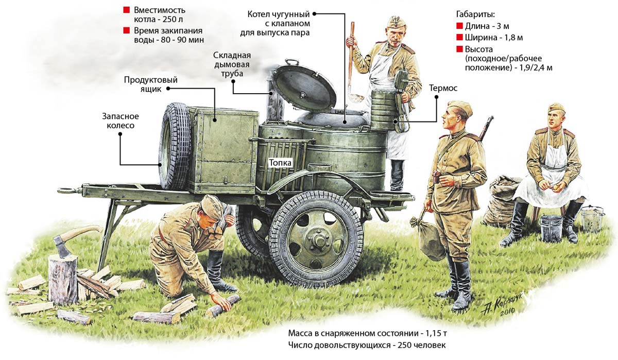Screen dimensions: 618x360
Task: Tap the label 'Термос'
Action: click(x=443, y=88)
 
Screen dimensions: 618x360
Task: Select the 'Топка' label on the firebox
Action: click(x=280, y=162)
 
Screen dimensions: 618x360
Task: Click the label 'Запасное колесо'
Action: click(x=121, y=121)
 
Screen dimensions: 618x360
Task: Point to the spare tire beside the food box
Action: click(x=175, y=146)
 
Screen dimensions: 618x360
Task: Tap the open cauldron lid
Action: click(x=303, y=86)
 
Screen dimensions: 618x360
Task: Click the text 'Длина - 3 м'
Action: click(x=487, y=26)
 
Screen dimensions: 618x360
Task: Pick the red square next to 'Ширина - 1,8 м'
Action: click(x=459, y=37)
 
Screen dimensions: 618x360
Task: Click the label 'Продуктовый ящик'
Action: click(x=150, y=84)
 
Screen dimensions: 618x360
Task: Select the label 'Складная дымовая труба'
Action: click(x=232, y=64)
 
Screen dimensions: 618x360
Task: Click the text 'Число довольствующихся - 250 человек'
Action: click(x=367, y=345)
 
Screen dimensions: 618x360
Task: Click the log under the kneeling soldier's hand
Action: click(x=222, y=306)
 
